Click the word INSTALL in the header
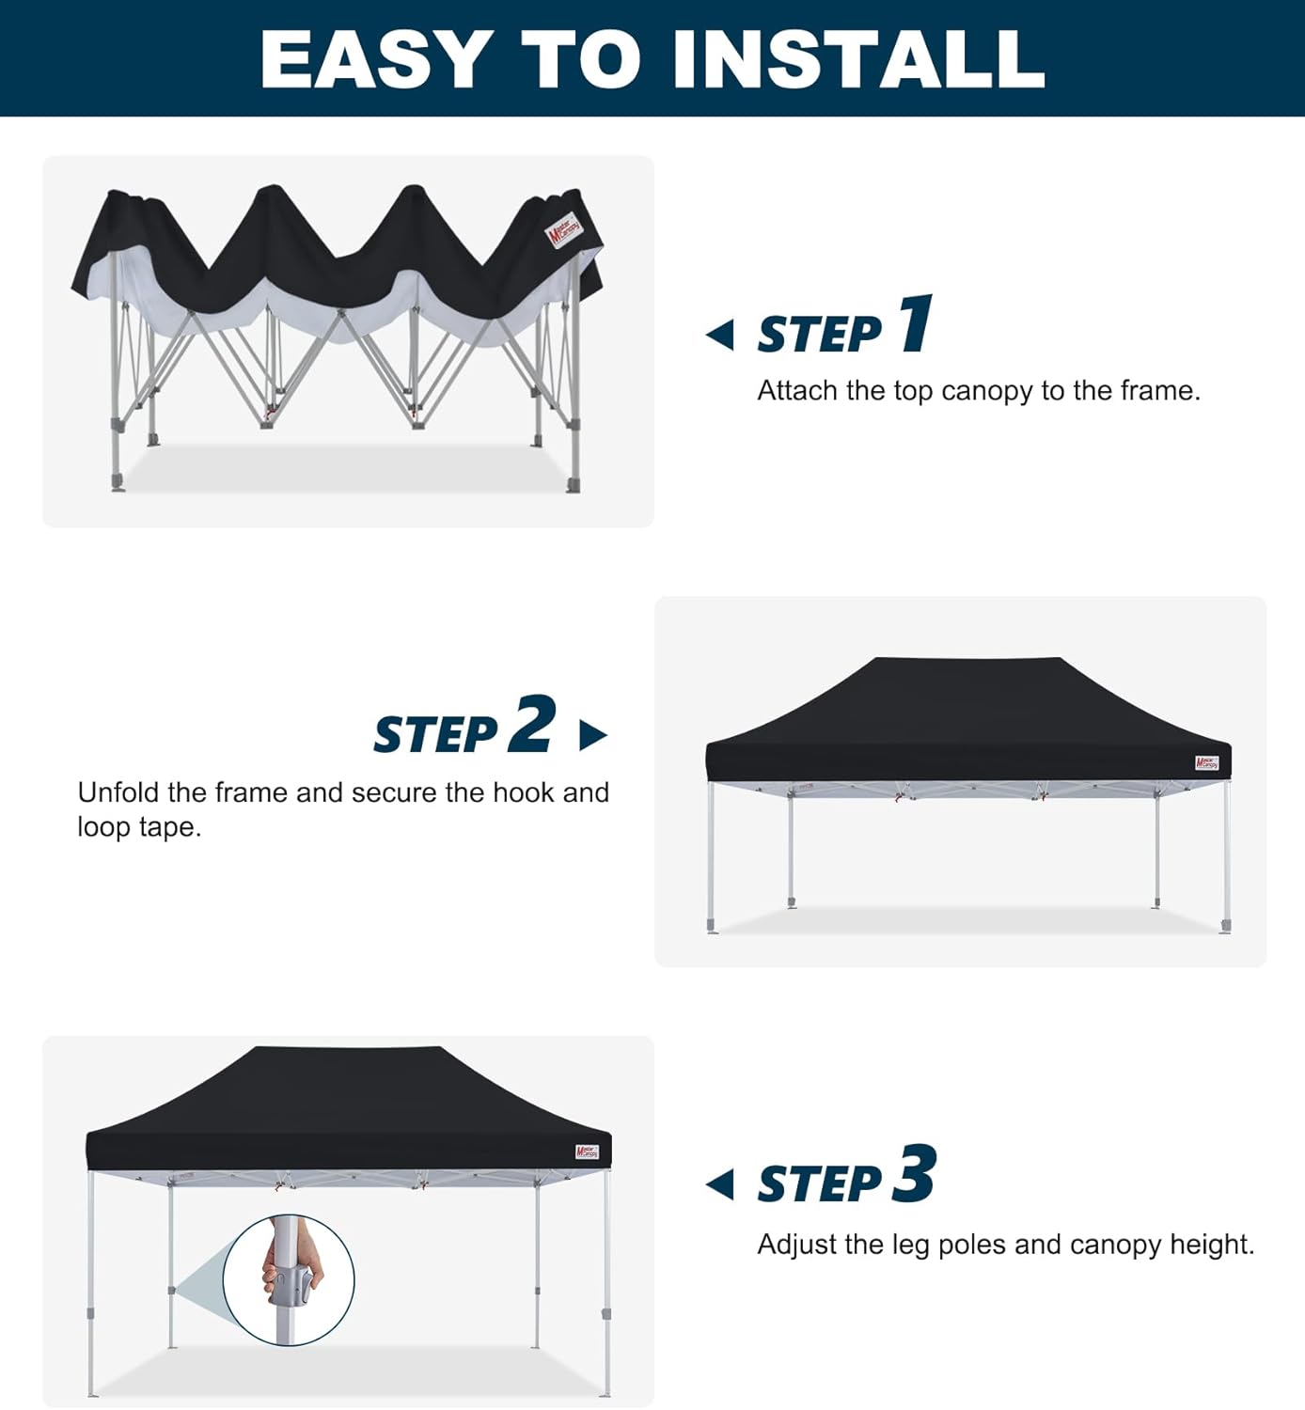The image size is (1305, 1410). click(x=858, y=58)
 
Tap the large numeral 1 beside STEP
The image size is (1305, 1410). click(x=915, y=323)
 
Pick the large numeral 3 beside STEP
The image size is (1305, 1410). click(x=914, y=1174)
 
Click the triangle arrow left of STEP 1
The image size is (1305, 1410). click(x=720, y=334)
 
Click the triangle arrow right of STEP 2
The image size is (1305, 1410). click(x=592, y=734)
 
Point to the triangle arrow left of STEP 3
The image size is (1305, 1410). click(x=720, y=1184)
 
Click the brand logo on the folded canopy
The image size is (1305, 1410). click(x=565, y=230)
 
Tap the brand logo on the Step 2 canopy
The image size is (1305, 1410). click(x=1206, y=762)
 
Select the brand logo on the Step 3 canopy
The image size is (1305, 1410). click(x=587, y=1151)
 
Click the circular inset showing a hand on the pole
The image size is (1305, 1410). click(x=289, y=1279)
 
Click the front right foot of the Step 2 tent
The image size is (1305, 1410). click(x=1225, y=926)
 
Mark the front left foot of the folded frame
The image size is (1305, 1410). click(x=118, y=483)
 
